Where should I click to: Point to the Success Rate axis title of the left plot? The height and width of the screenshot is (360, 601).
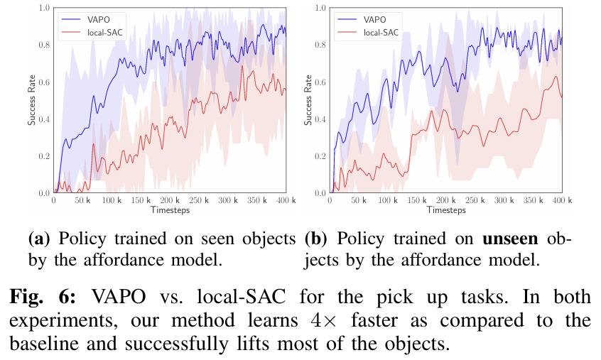pyautogui.click(x=32, y=100)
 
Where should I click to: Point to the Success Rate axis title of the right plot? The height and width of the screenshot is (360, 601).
pyautogui.click(x=308, y=100)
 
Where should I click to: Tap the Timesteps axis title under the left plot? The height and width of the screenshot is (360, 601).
pyautogui.click(x=170, y=211)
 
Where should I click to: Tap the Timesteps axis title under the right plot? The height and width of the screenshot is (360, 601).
pyautogui.click(x=446, y=211)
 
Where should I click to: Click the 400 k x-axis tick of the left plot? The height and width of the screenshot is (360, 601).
pyautogui.click(x=284, y=202)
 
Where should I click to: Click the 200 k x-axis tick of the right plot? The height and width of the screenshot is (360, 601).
pyautogui.click(x=445, y=202)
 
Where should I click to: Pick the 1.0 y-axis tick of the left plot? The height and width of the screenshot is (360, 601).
pyautogui.click(x=45, y=8)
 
